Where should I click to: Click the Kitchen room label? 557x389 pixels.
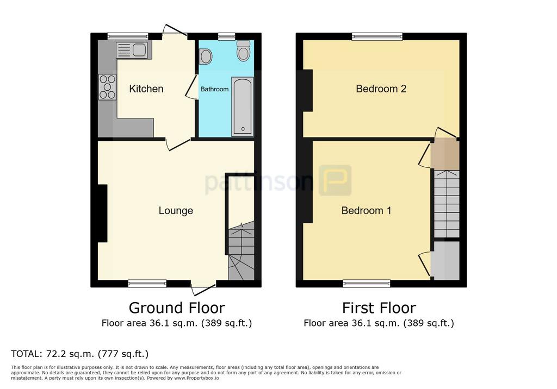pyautogui.click(x=146, y=89)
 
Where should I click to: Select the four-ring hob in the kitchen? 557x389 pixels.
pyautogui.click(x=107, y=87)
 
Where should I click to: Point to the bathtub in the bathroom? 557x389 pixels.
pyautogui.click(x=243, y=106)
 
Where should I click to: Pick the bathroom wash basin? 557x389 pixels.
pyautogui.click(x=205, y=57)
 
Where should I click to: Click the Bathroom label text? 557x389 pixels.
pyautogui.click(x=214, y=89)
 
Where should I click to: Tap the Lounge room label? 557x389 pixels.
pyautogui.click(x=176, y=210)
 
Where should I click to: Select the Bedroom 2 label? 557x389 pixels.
pyautogui.click(x=381, y=89)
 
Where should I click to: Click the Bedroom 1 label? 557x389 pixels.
pyautogui.click(x=366, y=210)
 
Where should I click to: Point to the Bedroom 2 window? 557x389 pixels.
pyautogui.click(x=377, y=36)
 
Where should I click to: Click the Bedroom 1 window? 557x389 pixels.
pyautogui.click(x=367, y=283)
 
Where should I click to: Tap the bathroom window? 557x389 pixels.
pyautogui.click(x=227, y=36)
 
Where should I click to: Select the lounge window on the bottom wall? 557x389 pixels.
pyautogui.click(x=147, y=283)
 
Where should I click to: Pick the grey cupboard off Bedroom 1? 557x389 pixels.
pyautogui.click(x=445, y=261)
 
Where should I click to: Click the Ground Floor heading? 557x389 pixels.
pyautogui.click(x=177, y=308)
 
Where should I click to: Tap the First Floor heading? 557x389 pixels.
pyautogui.click(x=379, y=308)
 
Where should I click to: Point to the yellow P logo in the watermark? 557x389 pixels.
pyautogui.click(x=335, y=180)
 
